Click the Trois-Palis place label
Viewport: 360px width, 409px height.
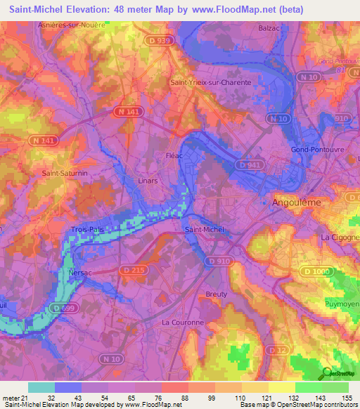tap(87, 230)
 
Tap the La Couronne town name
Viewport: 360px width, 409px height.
tap(182, 323)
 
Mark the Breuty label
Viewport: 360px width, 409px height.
tap(217, 294)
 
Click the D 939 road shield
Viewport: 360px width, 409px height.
tap(160, 41)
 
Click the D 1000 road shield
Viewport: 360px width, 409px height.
tap(314, 271)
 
